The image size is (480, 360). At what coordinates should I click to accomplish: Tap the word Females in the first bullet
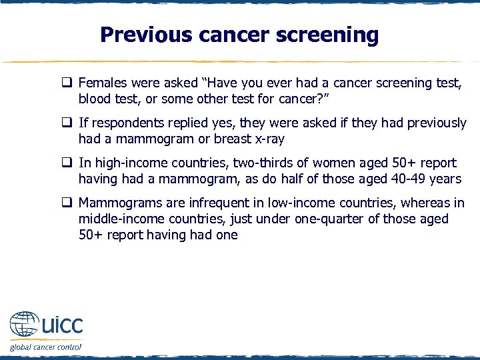click(x=101, y=83)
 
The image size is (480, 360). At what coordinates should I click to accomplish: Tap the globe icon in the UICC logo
click(x=24, y=326)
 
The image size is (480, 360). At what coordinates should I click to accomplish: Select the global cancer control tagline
click(x=45, y=347)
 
